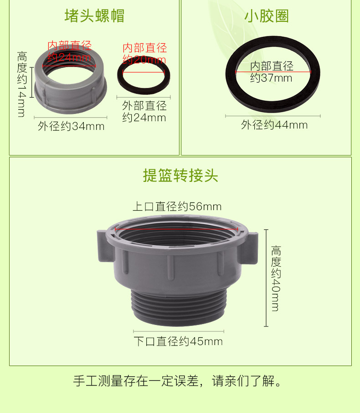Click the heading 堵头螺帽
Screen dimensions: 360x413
pyautogui.click(x=94, y=16)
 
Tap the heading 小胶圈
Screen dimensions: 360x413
pyautogui.click(x=267, y=16)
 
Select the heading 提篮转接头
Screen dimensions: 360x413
pyautogui.click(x=180, y=176)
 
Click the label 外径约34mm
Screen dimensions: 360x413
pyautogui.click(x=71, y=126)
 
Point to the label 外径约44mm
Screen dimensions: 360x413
pyautogui.click(x=274, y=125)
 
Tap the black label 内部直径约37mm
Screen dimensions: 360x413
pyautogui.click(x=272, y=72)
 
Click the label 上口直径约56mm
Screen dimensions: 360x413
pyautogui.click(x=177, y=206)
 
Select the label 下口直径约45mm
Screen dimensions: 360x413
pyautogui.click(x=178, y=341)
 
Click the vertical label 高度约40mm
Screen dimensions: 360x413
pyautogui.click(x=276, y=279)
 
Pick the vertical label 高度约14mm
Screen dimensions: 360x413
pyautogui.click(x=22, y=84)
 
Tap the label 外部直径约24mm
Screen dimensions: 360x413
pyautogui.click(x=144, y=111)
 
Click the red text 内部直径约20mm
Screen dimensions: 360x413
pyautogui.click(x=144, y=54)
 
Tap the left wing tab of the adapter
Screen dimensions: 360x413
pyautogui.click(x=105, y=247)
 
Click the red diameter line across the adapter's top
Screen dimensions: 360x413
pyautogui.click(x=176, y=229)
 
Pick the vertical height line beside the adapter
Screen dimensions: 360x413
pyautogui.click(x=266, y=278)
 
